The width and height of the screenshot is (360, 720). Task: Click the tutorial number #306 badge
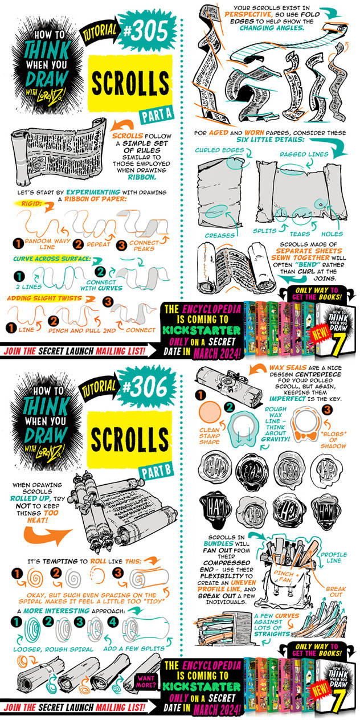(x=145, y=390)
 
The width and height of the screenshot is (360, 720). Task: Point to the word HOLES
(x=332, y=234)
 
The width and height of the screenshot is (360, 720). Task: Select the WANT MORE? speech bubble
(x=147, y=682)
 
